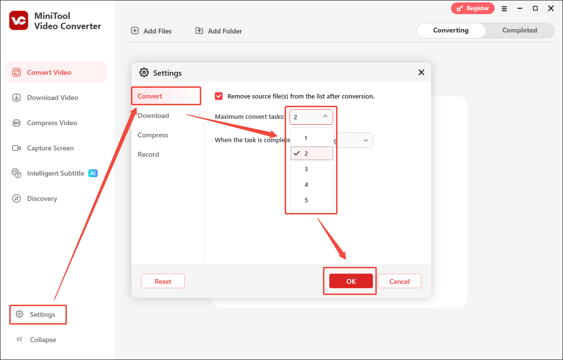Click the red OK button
pos(351,281)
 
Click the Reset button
pos(163,281)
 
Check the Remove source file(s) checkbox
pos(219,97)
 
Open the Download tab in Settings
pos(153,115)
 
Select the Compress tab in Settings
pos(153,135)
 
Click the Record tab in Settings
pos(148,154)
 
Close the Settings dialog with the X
pos(421,73)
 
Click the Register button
pos(473,8)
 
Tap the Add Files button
pos(152,31)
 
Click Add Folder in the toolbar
pos(219,31)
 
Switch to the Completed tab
pos(519,30)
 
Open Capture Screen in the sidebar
pos(50,148)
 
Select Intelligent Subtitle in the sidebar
pos(55,173)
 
